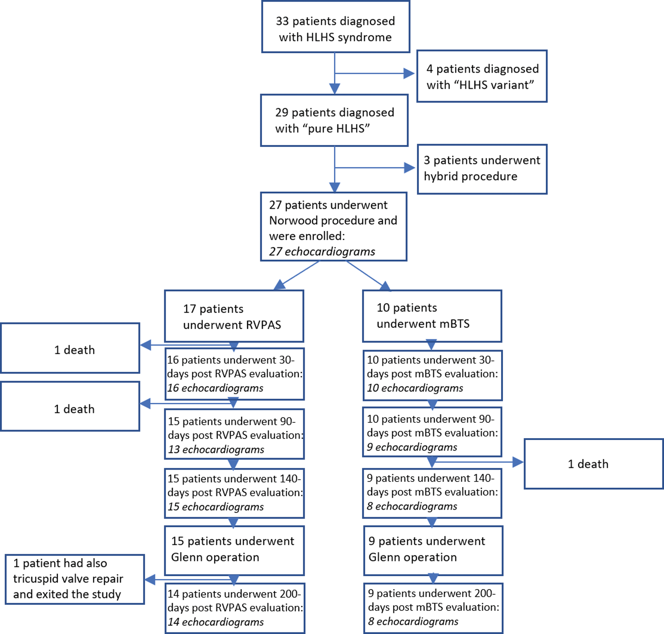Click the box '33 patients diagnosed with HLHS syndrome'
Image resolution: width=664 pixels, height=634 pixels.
[336, 27]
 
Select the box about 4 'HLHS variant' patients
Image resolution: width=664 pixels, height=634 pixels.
[482, 76]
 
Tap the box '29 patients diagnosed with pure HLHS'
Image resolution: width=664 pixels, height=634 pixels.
[334, 120]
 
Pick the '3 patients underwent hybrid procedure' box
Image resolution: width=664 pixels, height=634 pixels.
[482, 169]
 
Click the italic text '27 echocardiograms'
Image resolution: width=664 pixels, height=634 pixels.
[322, 252]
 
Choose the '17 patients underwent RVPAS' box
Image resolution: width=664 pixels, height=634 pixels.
[234, 316]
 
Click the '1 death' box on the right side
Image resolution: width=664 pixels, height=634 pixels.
[594, 464]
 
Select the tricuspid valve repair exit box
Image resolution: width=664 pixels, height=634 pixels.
[74, 579]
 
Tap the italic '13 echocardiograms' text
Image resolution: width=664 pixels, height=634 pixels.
[216, 449]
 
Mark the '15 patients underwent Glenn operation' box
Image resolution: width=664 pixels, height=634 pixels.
[234, 550]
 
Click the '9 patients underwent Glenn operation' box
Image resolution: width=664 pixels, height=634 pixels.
[433, 550]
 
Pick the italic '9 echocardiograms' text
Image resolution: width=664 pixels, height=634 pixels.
[412, 447]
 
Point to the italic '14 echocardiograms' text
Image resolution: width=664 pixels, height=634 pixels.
[216, 622]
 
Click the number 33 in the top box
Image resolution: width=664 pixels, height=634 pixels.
[282, 21]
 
